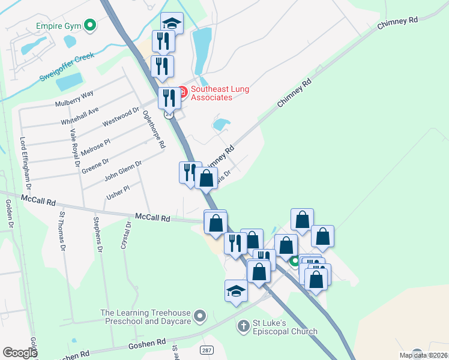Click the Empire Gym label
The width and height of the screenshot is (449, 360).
pyautogui.click(x=57, y=26)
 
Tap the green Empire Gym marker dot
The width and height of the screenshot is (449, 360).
pyautogui.click(x=90, y=25)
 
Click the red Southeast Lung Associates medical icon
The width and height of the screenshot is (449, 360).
pyautogui.click(x=182, y=92)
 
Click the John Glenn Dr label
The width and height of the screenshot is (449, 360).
pyautogui.click(x=123, y=170)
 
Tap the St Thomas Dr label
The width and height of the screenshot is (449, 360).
pyautogui.click(x=61, y=230)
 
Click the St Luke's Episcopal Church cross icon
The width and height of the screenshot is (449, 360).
pyautogui.click(x=243, y=326)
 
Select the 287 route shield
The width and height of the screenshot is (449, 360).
pyautogui.click(x=206, y=349)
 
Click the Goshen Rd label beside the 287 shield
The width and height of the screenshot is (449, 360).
pyautogui.click(x=147, y=343)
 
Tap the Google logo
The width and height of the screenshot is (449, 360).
pyautogui.click(x=20, y=353)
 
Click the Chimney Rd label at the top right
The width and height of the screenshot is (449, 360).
pyautogui.click(x=398, y=24)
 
